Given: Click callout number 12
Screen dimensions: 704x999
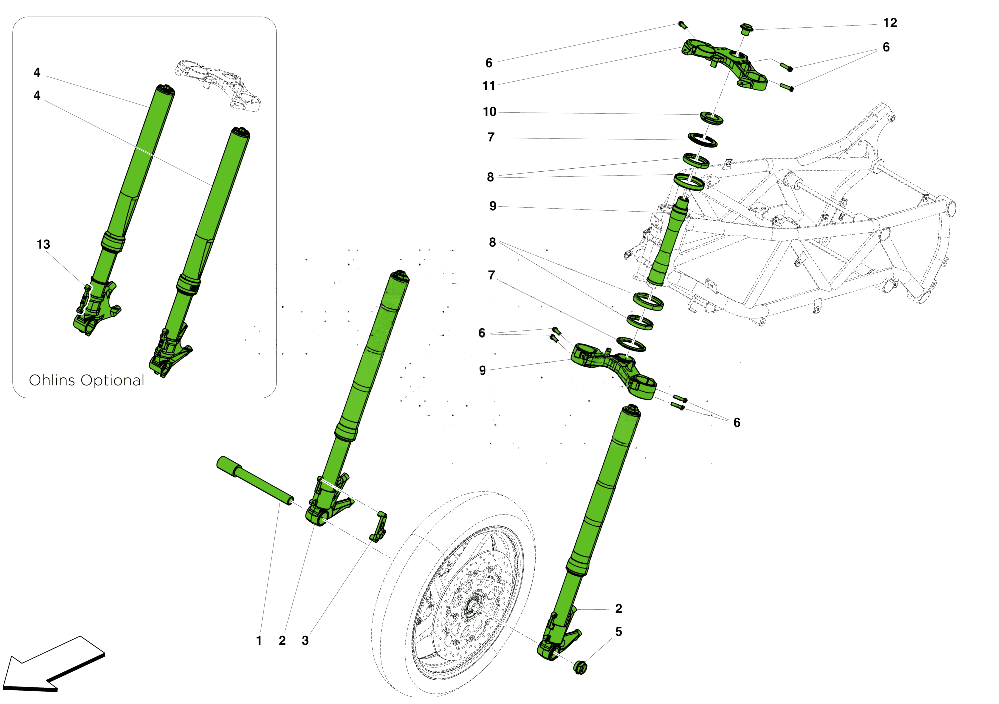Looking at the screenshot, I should [x=890, y=23].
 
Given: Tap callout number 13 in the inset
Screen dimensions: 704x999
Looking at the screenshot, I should [x=43, y=244].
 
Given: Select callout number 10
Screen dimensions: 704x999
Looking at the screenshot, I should [x=489, y=112].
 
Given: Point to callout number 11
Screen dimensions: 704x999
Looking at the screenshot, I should [x=488, y=86].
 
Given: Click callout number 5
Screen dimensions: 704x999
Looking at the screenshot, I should [x=618, y=632].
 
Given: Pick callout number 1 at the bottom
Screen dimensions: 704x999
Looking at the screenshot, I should [x=259, y=640].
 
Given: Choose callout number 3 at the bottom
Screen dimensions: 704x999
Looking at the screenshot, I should [x=305, y=640].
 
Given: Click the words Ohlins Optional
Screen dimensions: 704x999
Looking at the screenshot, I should [x=87, y=380].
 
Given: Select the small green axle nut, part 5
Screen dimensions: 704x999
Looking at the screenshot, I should [x=580, y=667].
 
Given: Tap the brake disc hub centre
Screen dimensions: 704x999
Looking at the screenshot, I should [x=471, y=608].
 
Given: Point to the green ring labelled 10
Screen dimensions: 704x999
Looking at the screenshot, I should [x=711, y=118].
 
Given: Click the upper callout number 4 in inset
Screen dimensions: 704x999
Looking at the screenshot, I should [x=37, y=73].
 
